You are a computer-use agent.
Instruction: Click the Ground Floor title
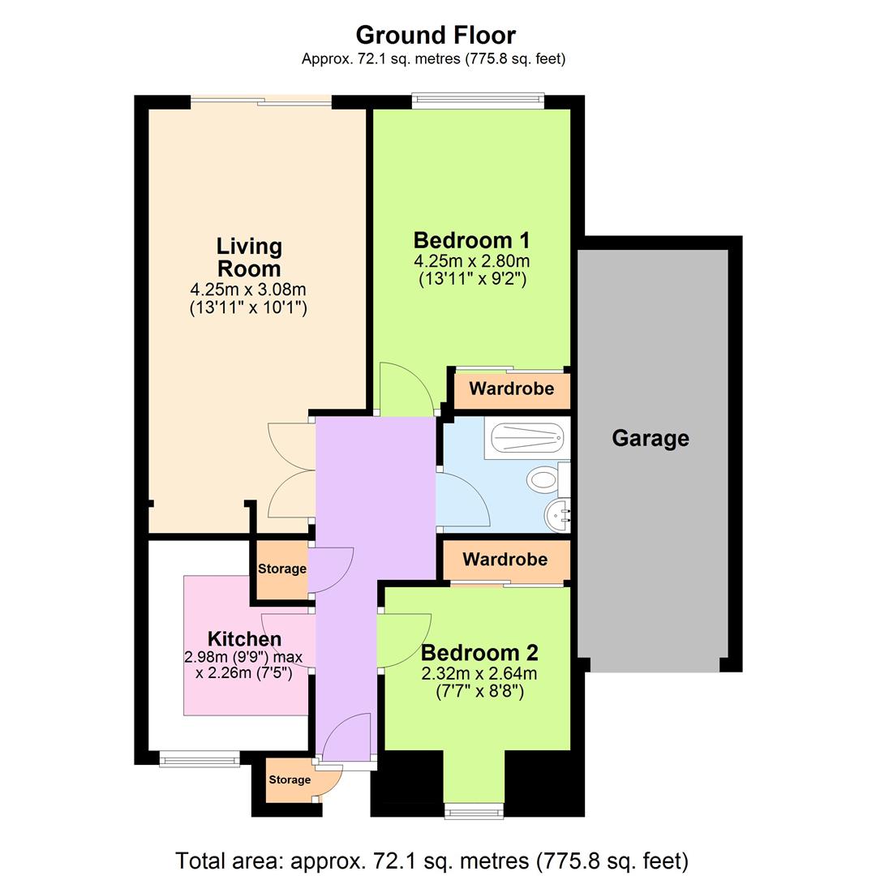pos(436,36)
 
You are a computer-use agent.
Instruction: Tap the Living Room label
pos(249,257)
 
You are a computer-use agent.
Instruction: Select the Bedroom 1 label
pos(471,240)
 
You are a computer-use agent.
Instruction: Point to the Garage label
pos(651,439)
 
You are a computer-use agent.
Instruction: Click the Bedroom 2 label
pos(479,653)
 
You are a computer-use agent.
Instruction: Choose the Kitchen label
pos(244,639)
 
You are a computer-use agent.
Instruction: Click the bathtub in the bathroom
pos(526,438)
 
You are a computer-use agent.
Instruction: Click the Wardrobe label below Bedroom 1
pos(512,389)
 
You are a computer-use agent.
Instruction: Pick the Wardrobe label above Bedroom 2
pos(505,559)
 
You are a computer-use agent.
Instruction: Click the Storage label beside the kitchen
pos(282,569)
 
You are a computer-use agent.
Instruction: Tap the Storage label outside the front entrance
pos(290,779)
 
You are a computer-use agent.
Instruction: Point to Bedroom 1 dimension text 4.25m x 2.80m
pos(471,262)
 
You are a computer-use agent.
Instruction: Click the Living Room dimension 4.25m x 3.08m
pos(248,290)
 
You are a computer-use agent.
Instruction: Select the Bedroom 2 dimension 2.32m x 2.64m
pos(479,674)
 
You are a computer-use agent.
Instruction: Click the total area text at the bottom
pos(432,859)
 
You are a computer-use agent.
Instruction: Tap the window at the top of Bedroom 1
pos(478,101)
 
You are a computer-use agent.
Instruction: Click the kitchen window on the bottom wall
pos(200,760)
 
